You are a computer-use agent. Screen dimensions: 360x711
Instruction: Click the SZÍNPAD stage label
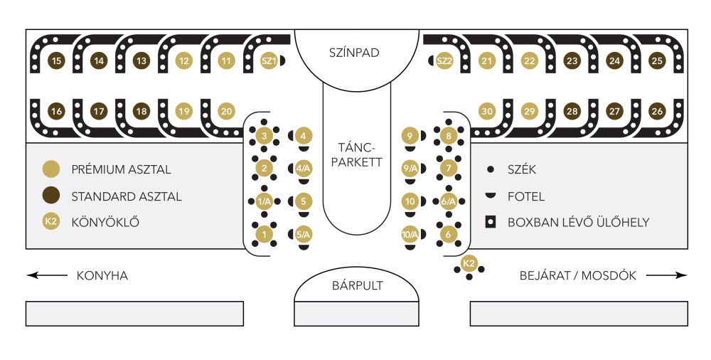coord(355,53)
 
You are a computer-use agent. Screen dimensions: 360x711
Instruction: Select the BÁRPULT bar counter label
coord(357,286)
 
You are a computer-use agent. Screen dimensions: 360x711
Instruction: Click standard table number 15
coord(56,61)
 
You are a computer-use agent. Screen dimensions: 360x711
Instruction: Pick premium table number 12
coord(184,61)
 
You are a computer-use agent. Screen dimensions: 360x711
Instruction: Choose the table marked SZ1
coord(269,61)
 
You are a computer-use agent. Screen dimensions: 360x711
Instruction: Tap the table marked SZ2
coord(444,61)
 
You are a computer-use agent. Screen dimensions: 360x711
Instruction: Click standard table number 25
coord(657,61)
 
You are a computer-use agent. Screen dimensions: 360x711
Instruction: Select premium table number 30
coord(487,111)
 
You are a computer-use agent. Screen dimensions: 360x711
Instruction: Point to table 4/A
coord(304,169)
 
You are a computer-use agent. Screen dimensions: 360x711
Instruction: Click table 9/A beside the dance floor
coord(410,169)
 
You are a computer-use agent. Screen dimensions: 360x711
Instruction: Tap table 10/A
coord(410,234)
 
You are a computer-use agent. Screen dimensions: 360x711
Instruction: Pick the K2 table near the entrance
coord(469,264)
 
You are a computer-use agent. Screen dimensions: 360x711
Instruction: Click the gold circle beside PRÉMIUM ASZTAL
coord(51,169)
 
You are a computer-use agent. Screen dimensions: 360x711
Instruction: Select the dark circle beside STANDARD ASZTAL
coord(51,196)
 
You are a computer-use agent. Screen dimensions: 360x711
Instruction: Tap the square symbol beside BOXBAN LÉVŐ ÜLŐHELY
coord(490,221)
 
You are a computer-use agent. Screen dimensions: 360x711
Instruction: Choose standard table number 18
coord(141,111)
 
